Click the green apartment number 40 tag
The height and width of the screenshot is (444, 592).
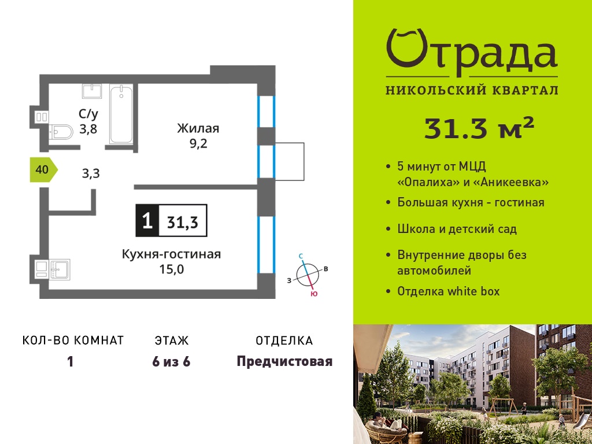pos(43,170)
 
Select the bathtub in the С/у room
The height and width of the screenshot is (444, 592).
pos(121,114)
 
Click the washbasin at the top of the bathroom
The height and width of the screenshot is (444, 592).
pos(92,91)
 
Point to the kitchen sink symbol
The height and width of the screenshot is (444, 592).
pos(60,269)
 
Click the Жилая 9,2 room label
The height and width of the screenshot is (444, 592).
pos(198,136)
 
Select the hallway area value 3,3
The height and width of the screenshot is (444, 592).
pos(91,173)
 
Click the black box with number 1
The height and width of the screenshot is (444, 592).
pos(147,220)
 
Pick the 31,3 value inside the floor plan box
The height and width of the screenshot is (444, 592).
pos(183,222)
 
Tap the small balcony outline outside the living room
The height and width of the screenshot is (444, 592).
pos(290,162)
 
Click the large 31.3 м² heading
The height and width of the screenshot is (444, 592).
pos(479,128)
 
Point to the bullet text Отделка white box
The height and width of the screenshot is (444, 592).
pos(449,291)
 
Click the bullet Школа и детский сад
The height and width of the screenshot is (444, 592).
pos(457,229)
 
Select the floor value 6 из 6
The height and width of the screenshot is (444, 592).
pos(171,362)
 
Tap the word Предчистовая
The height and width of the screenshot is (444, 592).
pos(284,362)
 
